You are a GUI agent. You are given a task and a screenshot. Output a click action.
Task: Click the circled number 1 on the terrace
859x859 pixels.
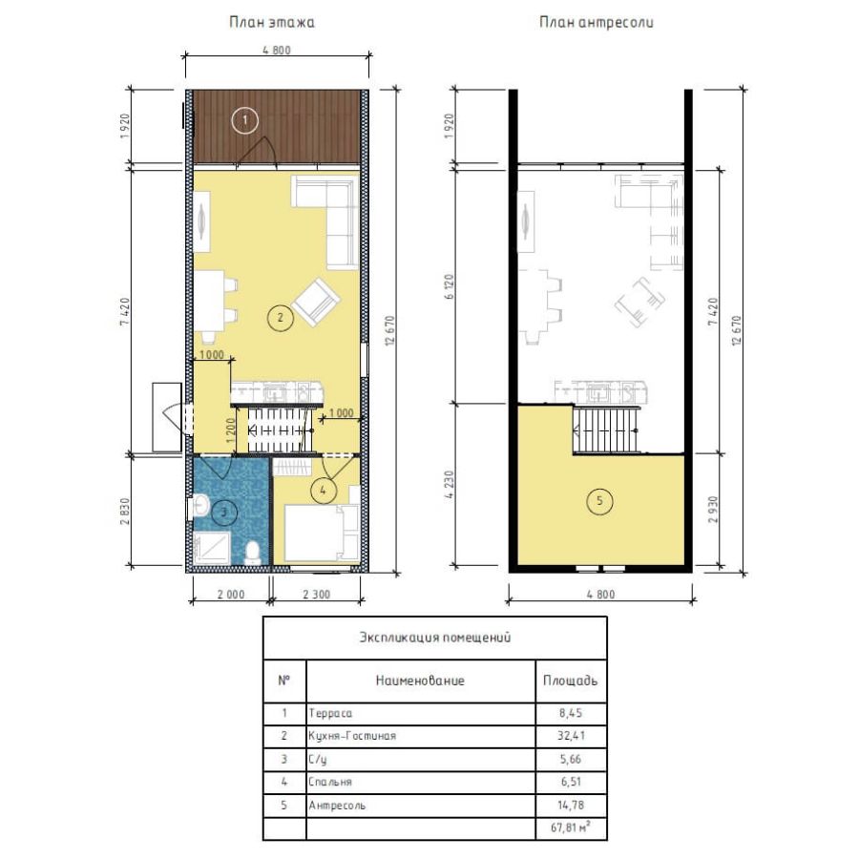(x=245, y=120)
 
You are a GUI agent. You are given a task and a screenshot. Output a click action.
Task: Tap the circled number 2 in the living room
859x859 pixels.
(x=281, y=317)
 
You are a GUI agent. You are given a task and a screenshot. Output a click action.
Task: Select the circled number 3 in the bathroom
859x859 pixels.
(x=223, y=513)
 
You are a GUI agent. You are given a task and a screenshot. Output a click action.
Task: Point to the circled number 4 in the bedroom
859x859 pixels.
(x=324, y=491)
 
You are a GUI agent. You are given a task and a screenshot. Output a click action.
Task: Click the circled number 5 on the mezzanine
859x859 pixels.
(x=600, y=501)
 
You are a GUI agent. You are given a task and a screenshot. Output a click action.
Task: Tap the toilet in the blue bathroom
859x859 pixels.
(x=253, y=553)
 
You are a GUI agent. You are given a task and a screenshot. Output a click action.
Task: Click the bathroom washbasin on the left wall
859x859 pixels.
(x=199, y=507)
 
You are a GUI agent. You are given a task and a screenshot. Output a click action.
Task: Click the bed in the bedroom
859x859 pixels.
(x=322, y=533)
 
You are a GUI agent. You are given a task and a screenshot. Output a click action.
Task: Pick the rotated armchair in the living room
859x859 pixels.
(x=316, y=302)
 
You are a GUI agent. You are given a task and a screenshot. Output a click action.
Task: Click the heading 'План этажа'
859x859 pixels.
(x=272, y=23)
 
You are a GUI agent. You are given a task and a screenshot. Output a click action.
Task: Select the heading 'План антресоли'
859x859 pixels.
(x=596, y=23)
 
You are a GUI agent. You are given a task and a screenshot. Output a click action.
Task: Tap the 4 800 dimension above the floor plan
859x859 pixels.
(x=277, y=51)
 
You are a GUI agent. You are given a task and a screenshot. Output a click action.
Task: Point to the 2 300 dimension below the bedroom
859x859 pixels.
(x=317, y=595)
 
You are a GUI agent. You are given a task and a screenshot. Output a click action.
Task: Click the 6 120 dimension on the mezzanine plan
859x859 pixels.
(x=450, y=286)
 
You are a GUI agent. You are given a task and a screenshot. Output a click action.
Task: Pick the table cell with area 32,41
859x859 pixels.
(x=571, y=736)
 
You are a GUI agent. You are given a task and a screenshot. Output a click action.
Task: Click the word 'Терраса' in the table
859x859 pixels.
(x=330, y=713)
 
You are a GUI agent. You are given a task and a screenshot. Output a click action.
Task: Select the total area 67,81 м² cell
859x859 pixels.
(x=571, y=828)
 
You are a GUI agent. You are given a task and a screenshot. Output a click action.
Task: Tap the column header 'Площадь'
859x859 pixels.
(x=571, y=681)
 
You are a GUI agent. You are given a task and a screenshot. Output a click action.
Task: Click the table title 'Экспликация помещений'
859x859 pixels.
(x=435, y=638)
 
